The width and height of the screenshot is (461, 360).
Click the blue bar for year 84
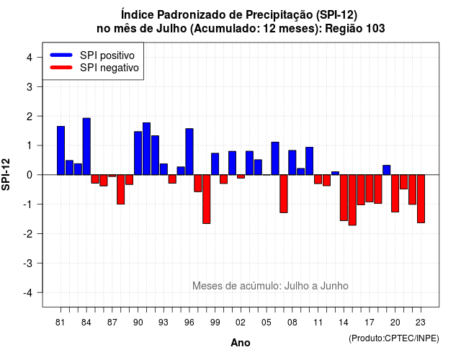tap(86, 146)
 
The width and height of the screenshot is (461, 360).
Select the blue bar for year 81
tap(61, 150)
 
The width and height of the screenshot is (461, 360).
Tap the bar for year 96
tap(189, 152)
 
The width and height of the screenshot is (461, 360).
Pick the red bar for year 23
tap(421, 199)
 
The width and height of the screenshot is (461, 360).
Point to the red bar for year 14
tap(344, 197)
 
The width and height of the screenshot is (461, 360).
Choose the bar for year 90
tap(138, 153)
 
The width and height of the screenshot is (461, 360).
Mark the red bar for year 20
tap(395, 194)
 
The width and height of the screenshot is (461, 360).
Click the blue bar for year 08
tap(292, 163)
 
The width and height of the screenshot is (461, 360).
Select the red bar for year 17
tap(370, 189)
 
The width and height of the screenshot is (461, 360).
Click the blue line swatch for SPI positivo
tap(61, 55)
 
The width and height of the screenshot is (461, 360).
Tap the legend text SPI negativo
tap(109, 68)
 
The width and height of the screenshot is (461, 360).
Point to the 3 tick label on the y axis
tap(29, 86)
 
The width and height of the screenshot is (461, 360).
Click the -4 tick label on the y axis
tap(28, 293)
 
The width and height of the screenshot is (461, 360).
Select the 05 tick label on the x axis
tap(266, 323)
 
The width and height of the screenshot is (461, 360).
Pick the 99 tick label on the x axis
tap(215, 323)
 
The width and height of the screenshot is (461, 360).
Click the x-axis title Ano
tap(241, 343)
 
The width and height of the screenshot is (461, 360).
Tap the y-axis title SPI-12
tap(6, 174)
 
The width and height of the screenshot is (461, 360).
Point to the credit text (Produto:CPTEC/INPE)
tap(394, 338)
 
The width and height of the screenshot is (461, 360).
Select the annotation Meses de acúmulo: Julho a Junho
tap(270, 286)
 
